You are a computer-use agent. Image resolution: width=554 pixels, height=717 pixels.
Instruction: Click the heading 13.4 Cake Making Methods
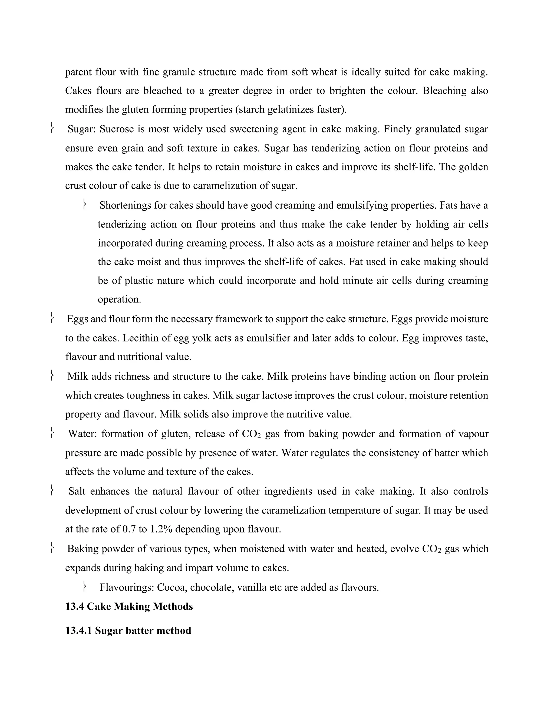coord(129,606)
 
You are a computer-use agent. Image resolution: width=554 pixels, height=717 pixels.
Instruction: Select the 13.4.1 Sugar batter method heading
coord(128,631)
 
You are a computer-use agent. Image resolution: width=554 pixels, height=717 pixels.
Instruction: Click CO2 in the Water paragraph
coord(251,434)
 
